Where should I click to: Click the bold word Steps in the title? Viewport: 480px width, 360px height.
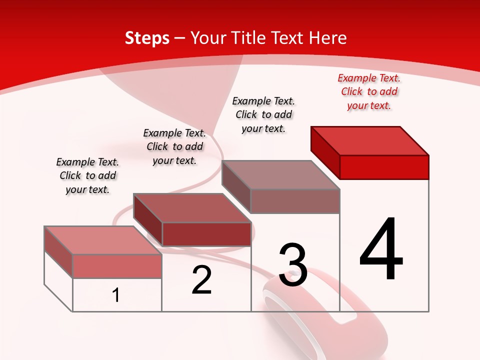(147, 38)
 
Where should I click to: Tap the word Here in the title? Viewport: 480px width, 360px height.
(327, 38)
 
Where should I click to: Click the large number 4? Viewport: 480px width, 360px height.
(381, 250)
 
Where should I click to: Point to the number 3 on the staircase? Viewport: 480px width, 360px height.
(293, 265)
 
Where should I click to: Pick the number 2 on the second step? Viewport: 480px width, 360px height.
(201, 280)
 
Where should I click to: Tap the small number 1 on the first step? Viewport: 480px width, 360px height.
(116, 295)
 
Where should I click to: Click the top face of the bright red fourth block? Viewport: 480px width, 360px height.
(370, 140)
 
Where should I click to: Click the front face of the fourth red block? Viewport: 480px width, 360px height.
(384, 167)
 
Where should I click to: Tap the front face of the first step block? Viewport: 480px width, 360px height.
(117, 266)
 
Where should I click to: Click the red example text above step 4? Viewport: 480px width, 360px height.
(369, 91)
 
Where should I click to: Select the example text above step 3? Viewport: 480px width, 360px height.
(263, 114)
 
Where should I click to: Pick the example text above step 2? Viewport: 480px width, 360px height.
(174, 146)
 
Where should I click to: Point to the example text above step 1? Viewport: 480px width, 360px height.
(87, 175)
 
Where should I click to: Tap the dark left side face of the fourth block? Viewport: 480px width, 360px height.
(325, 152)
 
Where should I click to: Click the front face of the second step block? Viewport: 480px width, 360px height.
(206, 234)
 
